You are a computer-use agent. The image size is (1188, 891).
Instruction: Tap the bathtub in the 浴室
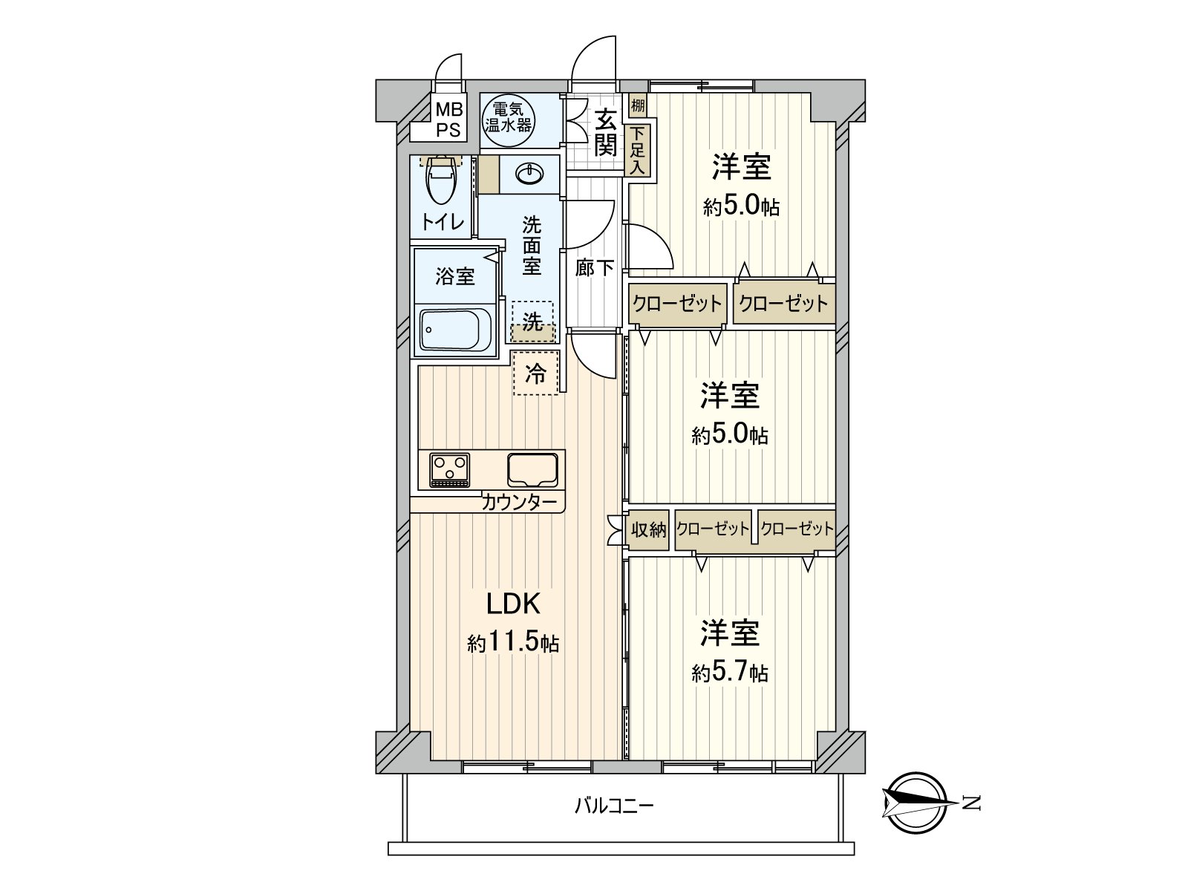click(x=455, y=330)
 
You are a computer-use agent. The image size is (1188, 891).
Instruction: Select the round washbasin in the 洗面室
click(x=529, y=174)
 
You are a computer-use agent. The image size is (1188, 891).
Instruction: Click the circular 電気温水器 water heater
click(x=508, y=121)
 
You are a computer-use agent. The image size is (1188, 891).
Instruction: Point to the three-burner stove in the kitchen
click(x=449, y=469)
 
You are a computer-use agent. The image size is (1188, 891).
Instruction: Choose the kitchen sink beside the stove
click(x=532, y=469)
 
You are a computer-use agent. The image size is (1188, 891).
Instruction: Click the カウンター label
click(x=518, y=503)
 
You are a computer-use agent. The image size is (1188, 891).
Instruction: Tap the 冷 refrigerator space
click(x=536, y=373)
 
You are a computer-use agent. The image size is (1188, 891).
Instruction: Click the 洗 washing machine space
click(x=532, y=322)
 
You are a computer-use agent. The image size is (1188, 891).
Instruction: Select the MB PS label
click(x=448, y=120)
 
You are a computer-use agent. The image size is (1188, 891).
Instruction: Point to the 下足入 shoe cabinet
click(x=638, y=151)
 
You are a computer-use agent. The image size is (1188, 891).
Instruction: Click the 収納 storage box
click(x=648, y=529)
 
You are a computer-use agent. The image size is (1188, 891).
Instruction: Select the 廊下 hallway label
click(x=594, y=267)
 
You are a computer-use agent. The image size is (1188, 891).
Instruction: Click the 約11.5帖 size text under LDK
click(x=513, y=643)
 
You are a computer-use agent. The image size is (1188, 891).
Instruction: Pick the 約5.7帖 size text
click(x=730, y=673)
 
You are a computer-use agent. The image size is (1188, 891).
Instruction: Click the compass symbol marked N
click(x=916, y=803)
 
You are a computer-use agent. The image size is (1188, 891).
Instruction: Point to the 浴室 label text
click(x=454, y=276)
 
